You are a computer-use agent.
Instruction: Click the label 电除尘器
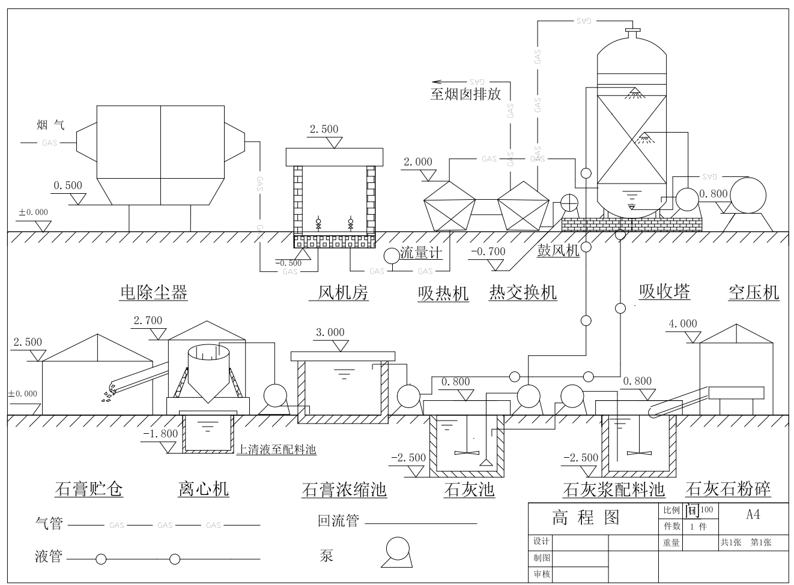154,293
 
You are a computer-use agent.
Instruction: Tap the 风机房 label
342,293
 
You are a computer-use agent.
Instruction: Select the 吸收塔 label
664,292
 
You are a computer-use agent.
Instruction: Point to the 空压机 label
753,293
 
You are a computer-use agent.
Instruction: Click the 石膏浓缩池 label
344,490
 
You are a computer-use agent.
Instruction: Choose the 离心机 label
204,489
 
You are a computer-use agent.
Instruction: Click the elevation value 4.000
683,324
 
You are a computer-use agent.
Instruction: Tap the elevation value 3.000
330,332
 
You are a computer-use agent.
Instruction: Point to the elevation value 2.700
148,320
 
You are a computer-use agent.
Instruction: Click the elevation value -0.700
488,251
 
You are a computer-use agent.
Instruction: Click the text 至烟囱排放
465,94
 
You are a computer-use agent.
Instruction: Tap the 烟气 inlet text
50,125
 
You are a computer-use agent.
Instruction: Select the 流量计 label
421,253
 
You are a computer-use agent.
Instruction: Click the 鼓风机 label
558,250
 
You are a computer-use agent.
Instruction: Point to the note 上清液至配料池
276,449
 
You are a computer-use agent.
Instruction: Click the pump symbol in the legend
397,551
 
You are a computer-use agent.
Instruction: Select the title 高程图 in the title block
586,517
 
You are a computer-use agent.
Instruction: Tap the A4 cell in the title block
753,514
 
